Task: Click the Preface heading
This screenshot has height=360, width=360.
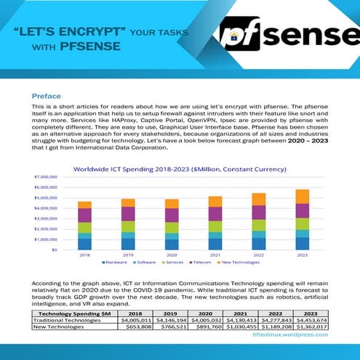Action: pyautogui.click(x=46, y=96)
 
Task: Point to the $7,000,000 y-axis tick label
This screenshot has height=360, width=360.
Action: pyautogui.click(x=46, y=177)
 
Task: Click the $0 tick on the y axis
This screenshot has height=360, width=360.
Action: pyautogui.click(x=53, y=249)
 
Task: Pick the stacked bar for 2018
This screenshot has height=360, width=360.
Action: pyautogui.click(x=85, y=225)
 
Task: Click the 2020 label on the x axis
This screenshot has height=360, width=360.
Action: pyautogui.click(x=172, y=255)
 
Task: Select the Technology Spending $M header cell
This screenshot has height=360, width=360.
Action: pyautogui.click(x=72, y=313)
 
